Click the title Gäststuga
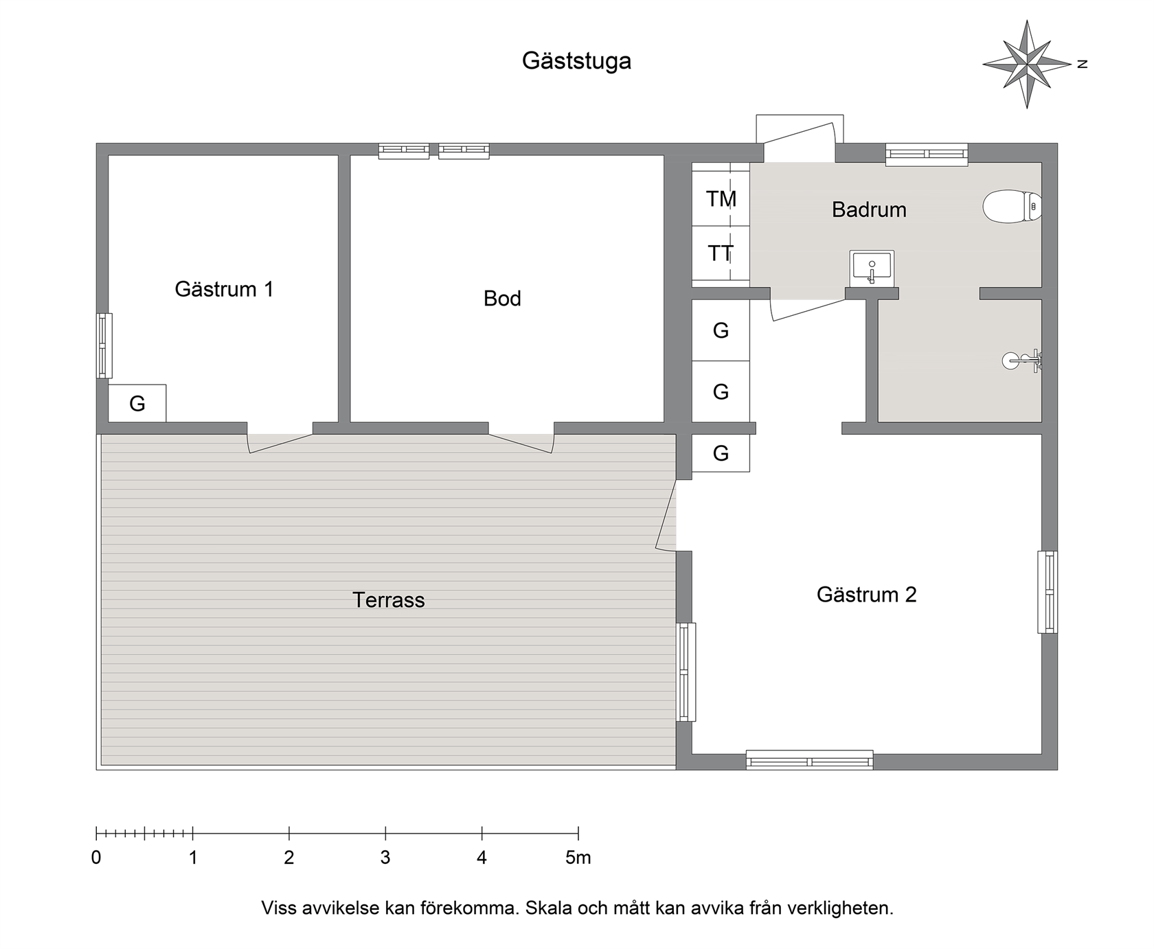576,61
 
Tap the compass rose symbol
1027,64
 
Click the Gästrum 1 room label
224,289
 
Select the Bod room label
502,298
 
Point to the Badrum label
869,209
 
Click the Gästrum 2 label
867,594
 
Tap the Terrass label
389,600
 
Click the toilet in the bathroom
1012,206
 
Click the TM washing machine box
721,198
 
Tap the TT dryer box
721,253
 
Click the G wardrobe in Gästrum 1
137,403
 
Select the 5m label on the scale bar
578,858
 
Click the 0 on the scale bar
96,858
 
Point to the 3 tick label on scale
385,858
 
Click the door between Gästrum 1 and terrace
280,442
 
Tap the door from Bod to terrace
521,442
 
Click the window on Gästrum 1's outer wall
104,345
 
